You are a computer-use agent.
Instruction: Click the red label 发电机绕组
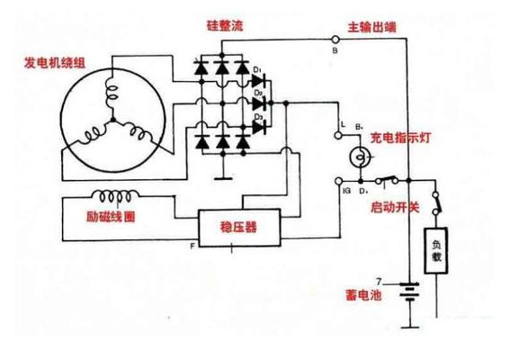[55, 63]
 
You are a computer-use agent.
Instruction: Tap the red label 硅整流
[225, 26]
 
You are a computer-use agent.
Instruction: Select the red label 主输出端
[372, 27]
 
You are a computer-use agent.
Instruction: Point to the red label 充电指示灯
[400, 138]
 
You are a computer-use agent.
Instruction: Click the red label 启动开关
[395, 207]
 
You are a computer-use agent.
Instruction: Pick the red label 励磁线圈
[111, 217]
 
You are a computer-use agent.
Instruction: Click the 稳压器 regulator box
[239, 228]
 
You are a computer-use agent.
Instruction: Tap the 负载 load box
[436, 250]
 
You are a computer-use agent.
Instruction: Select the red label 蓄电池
[363, 295]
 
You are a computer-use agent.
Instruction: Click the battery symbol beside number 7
[409, 292]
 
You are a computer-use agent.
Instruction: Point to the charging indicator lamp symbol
[361, 157]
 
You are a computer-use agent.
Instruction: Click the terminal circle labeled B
[336, 40]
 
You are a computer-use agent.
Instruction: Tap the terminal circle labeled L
[338, 135]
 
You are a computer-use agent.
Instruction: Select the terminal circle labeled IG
[338, 181]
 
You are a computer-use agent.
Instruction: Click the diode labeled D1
[259, 81]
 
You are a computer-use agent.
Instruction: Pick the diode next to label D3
[259, 127]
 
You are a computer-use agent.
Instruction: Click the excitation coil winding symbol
[116, 196]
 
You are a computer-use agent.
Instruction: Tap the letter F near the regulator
[192, 246]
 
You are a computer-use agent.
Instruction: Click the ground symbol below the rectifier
[223, 178]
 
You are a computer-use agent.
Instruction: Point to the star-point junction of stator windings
[112, 120]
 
